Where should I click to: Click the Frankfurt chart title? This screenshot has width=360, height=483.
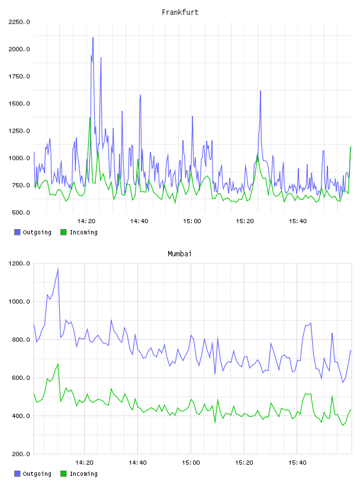(x=180, y=12)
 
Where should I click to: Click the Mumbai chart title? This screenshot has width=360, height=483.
(x=179, y=254)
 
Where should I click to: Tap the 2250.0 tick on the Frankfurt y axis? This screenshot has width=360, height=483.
(x=19, y=22)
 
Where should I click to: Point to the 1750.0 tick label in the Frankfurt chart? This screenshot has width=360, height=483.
(x=19, y=76)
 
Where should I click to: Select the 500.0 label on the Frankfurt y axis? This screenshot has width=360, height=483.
(x=21, y=212)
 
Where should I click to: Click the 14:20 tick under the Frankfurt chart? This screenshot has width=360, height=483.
(x=86, y=221)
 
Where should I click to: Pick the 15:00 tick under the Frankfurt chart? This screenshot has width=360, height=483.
(x=192, y=221)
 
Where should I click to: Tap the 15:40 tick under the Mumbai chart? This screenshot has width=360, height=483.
(x=297, y=463)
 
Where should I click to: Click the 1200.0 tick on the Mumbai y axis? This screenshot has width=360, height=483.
(x=19, y=263)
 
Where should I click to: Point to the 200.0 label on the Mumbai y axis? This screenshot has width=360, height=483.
(x=21, y=454)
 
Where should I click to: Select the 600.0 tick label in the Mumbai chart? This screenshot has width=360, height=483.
(x=21, y=378)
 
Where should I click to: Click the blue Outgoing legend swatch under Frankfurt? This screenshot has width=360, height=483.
(x=17, y=232)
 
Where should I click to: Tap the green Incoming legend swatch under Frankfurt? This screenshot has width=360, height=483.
(x=63, y=232)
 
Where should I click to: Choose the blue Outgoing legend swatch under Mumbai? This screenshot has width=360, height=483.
(x=17, y=474)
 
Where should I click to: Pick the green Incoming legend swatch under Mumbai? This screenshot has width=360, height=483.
(x=63, y=474)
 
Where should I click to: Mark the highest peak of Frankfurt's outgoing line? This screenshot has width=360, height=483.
(x=93, y=37)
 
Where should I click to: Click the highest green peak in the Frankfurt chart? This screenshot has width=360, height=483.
(x=90, y=117)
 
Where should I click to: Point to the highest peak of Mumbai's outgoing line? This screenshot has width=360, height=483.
(x=58, y=269)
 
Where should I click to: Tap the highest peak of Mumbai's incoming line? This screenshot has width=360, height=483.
(x=58, y=364)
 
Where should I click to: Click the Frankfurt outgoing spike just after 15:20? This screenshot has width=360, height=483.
(x=261, y=91)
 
